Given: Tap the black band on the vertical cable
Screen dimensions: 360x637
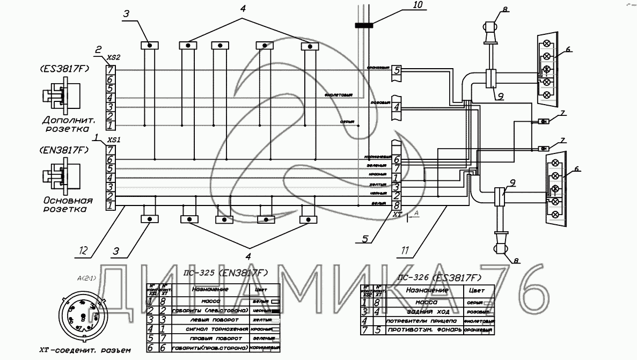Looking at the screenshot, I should pyautogui.click(x=365, y=25).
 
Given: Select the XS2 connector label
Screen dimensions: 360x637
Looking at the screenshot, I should pyautogui.click(x=113, y=56).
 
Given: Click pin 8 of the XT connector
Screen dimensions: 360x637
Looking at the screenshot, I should pyautogui.click(x=396, y=205).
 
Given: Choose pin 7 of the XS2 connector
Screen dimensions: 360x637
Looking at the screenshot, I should pyautogui.click(x=110, y=70).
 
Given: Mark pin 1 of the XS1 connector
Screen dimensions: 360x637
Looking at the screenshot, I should pyautogui.click(x=110, y=205).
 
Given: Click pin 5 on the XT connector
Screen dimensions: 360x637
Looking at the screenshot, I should pyautogui.click(x=396, y=70).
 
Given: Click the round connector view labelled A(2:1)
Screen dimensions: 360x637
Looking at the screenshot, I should pyautogui.click(x=79, y=316).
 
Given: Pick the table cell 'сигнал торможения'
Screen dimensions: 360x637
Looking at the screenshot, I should pyautogui.click(x=211, y=329).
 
